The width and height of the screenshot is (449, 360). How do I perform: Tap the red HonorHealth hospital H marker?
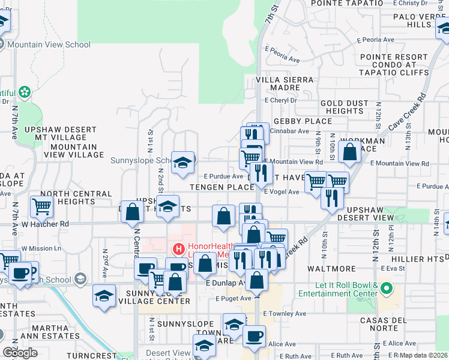[x=178, y=248]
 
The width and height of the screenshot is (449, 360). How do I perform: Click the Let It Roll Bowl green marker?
[x=387, y=289]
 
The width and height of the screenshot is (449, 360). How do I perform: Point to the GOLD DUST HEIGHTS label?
[x=345, y=107]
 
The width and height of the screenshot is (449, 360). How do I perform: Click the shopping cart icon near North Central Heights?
[x=42, y=207]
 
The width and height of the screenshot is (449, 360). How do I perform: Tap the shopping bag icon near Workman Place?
[x=349, y=152]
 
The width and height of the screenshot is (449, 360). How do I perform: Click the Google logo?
[x=20, y=353]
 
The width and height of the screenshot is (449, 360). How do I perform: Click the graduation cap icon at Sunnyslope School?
[x=183, y=163]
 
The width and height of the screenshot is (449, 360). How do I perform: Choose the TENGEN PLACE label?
[x=215, y=187]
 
